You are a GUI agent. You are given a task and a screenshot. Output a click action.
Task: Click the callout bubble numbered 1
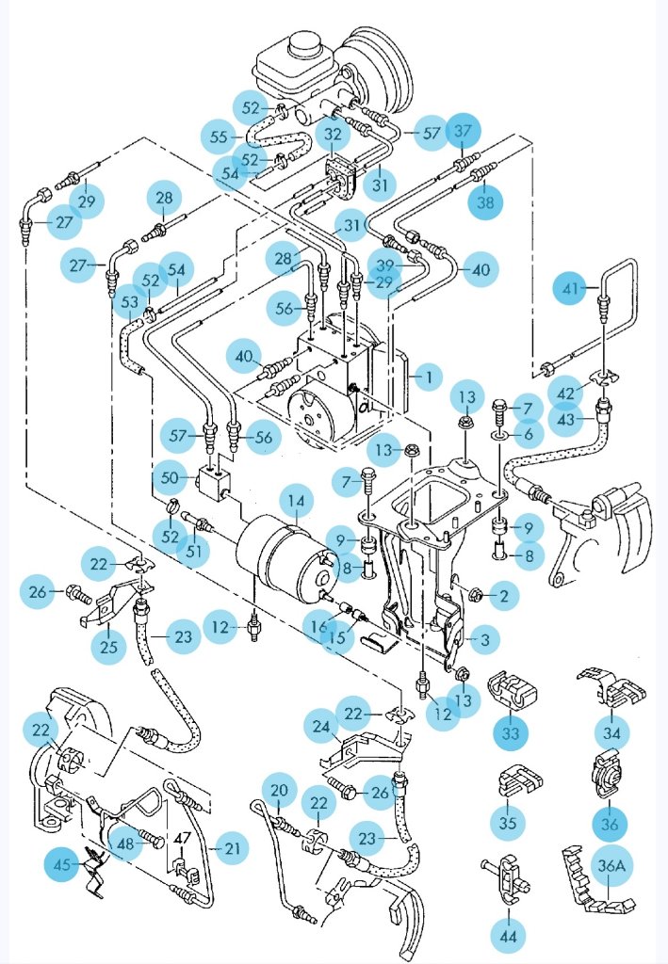(428, 378)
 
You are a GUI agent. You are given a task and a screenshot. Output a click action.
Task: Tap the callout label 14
(296, 502)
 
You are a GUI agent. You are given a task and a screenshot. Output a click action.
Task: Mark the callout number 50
(171, 478)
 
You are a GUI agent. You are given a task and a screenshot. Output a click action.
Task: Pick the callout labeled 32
(333, 135)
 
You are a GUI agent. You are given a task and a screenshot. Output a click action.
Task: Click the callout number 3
(483, 640)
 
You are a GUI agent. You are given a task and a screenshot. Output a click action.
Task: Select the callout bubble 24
(322, 726)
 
